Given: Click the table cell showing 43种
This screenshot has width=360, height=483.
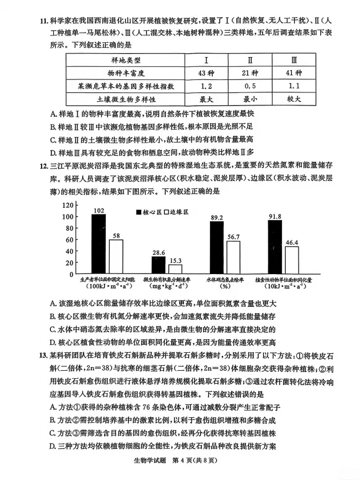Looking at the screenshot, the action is click(206, 73).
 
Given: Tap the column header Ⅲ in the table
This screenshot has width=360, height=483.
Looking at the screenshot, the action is click(294, 60).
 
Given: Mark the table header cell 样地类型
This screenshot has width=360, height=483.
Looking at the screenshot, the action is click(126, 60).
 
